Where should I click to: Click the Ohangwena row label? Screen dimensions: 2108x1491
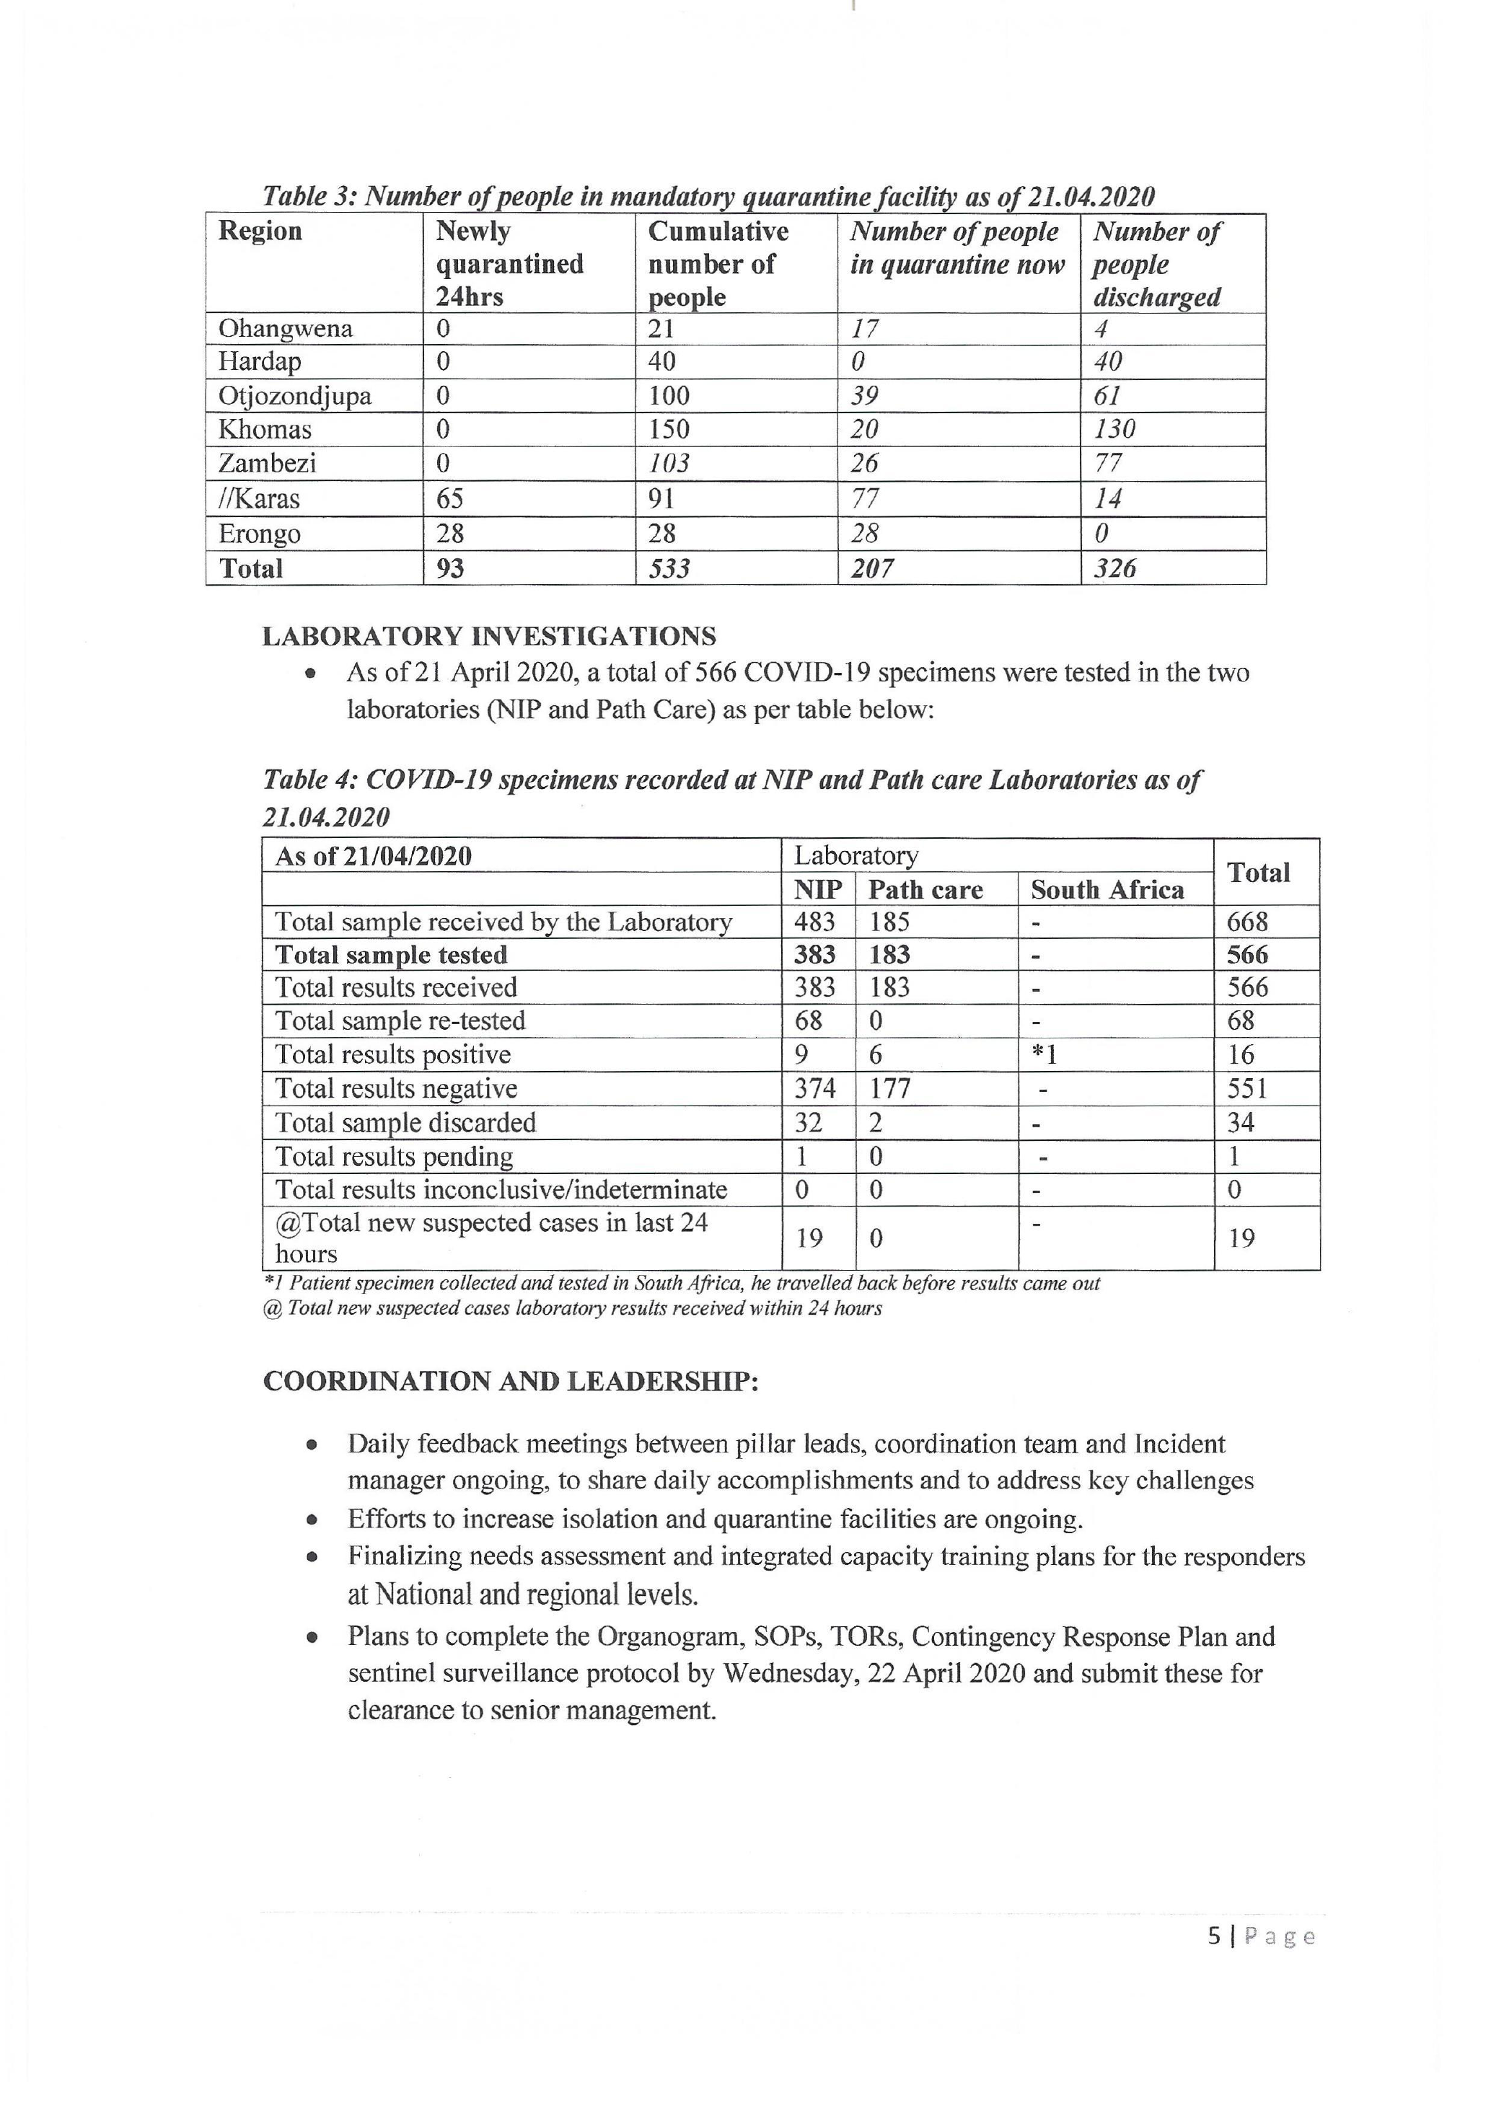[x=285, y=329]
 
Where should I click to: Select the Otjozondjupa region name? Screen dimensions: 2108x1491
[x=295, y=396]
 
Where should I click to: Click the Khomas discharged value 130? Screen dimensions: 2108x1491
[x=1114, y=429]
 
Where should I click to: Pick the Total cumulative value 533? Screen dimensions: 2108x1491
[x=669, y=568]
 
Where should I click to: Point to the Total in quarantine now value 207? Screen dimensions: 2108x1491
[x=871, y=568]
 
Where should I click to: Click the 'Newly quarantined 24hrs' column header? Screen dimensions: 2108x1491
[x=509, y=263]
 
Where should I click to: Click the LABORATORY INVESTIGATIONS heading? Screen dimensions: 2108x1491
[x=489, y=636]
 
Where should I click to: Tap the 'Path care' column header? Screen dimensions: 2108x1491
[x=925, y=890]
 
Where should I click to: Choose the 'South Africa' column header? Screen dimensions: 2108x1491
[x=1107, y=890]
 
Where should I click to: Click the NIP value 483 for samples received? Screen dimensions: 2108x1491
[x=814, y=922]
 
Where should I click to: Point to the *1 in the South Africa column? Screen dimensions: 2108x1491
[x=1044, y=1055]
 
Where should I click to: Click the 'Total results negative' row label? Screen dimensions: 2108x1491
[x=396, y=1089]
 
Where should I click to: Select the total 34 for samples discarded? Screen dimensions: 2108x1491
[x=1241, y=1122]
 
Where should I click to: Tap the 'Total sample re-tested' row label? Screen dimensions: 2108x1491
[x=400, y=1021]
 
